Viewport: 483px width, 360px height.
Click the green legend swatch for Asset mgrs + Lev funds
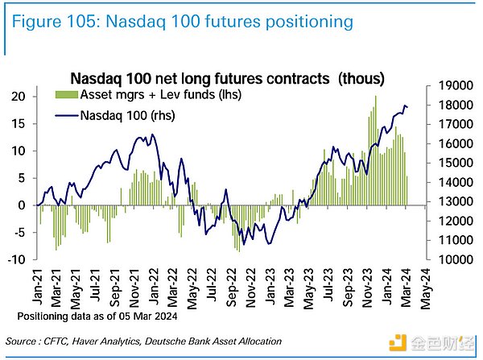point(63,96)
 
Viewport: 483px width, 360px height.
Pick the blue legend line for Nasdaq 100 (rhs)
point(63,114)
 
